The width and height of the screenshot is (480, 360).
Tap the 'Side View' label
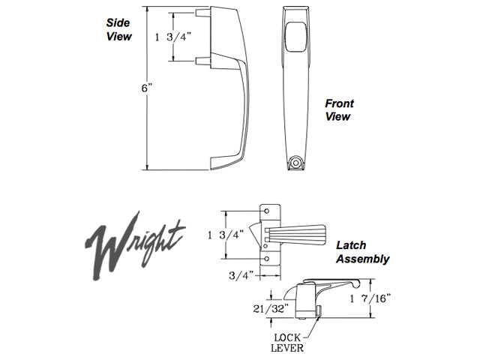click(118, 28)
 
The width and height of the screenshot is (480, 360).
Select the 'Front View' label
click(338, 110)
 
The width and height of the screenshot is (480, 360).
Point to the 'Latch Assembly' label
click(362, 253)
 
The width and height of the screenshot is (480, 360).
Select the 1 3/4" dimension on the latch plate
click(223, 235)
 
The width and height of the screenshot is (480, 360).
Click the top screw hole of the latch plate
click(268, 212)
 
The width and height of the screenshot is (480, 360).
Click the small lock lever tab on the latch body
click(319, 310)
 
